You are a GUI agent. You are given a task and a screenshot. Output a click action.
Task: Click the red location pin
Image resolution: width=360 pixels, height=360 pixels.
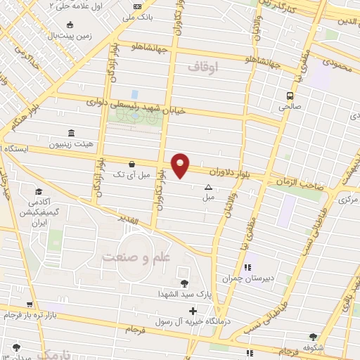(181, 165)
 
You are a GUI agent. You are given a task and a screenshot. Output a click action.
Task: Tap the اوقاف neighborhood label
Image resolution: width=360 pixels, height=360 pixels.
(205, 66)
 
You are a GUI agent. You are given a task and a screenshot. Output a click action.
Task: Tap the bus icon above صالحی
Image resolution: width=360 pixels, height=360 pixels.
(290, 96)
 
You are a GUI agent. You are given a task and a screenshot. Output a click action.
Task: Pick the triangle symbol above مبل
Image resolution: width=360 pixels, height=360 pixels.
(207, 187)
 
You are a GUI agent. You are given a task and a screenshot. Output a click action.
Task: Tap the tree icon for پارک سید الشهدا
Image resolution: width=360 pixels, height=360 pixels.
(185, 283)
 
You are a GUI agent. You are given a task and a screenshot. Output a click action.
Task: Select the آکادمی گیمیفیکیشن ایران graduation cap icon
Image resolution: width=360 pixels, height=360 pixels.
(39, 191)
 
